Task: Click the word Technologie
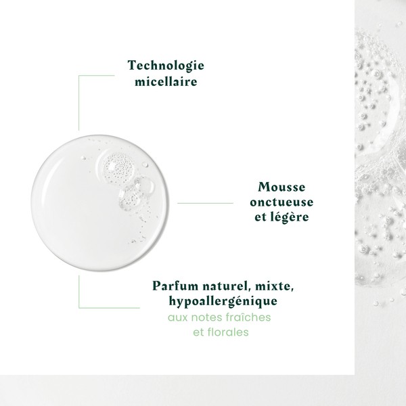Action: tap(166, 66)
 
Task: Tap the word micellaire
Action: tap(166, 82)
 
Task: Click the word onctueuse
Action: tap(281, 202)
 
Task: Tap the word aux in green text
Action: tap(178, 317)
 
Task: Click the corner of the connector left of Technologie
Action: tap(79, 75)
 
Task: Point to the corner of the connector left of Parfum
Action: tap(79, 306)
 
